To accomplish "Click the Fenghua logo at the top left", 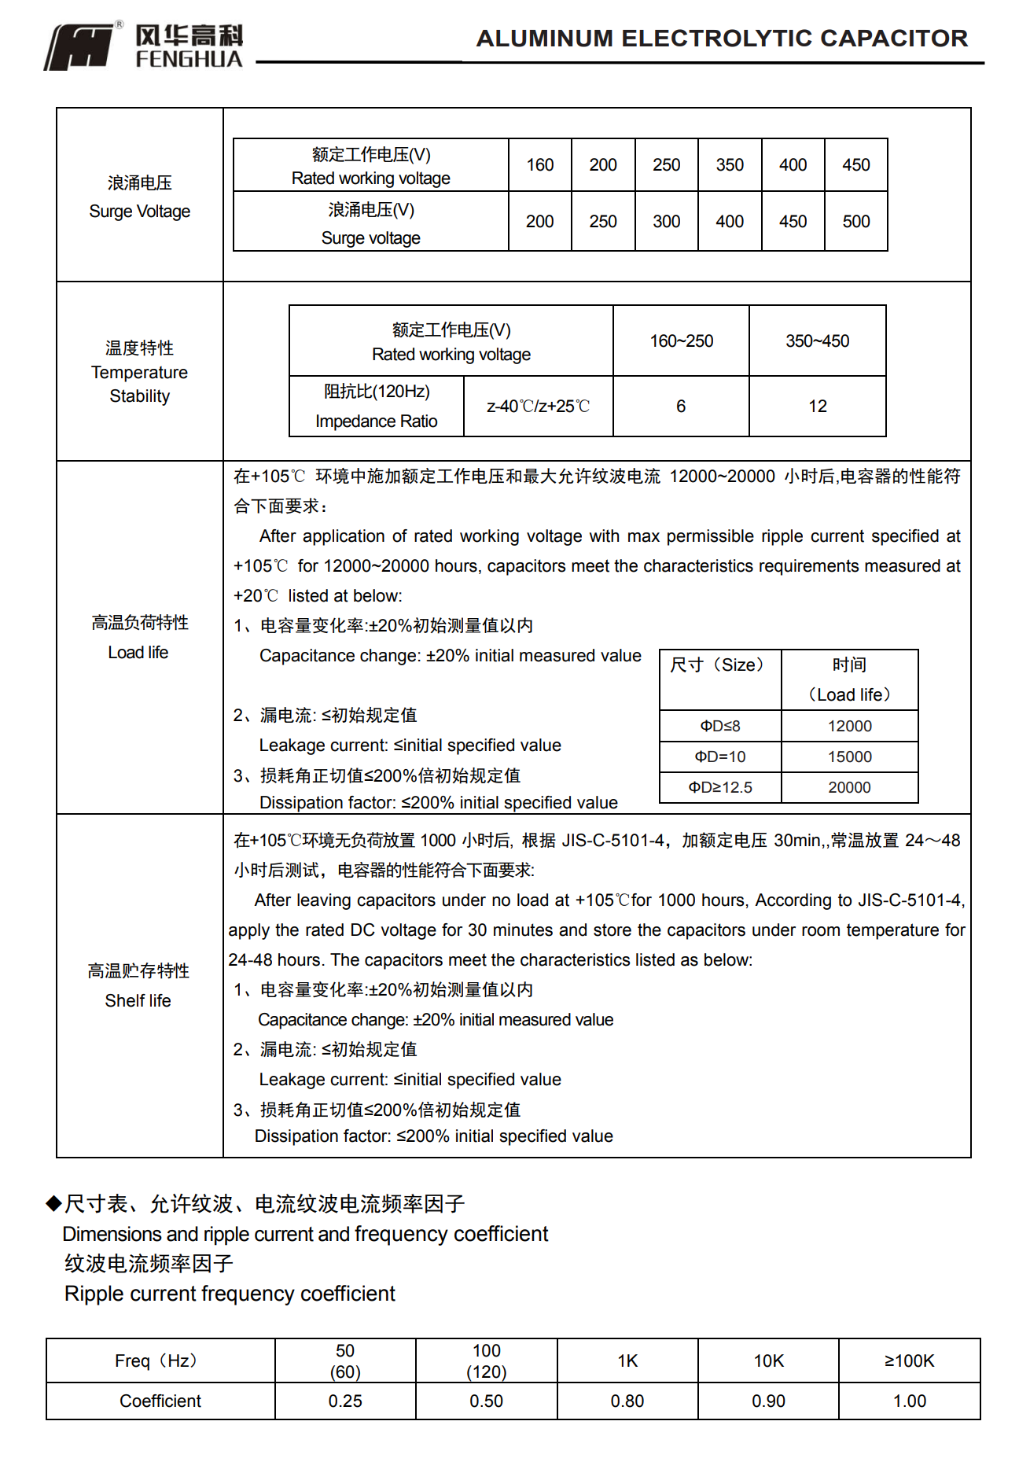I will point(143,46).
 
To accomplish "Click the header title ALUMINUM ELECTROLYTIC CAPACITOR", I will point(722,39).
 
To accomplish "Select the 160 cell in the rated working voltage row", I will point(540,165).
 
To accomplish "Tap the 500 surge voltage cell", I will point(856,222).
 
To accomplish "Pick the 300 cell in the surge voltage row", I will point(666,222).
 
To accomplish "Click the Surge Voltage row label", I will point(140,197).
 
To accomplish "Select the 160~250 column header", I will point(681,341).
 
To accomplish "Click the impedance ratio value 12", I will point(818,407).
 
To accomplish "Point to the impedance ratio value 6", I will point(681,407).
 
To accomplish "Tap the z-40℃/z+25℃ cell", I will point(538,407).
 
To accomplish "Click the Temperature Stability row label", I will point(140,372).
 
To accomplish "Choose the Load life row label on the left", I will point(139,638).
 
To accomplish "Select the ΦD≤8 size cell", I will point(720,726).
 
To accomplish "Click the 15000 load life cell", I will point(850,757).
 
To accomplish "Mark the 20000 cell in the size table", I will point(850,787).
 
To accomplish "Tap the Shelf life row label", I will point(138,986).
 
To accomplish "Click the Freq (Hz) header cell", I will point(160,1360).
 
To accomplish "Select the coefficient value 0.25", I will point(345,1401).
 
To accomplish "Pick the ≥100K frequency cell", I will point(910,1360).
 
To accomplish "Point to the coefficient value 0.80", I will point(627,1401).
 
